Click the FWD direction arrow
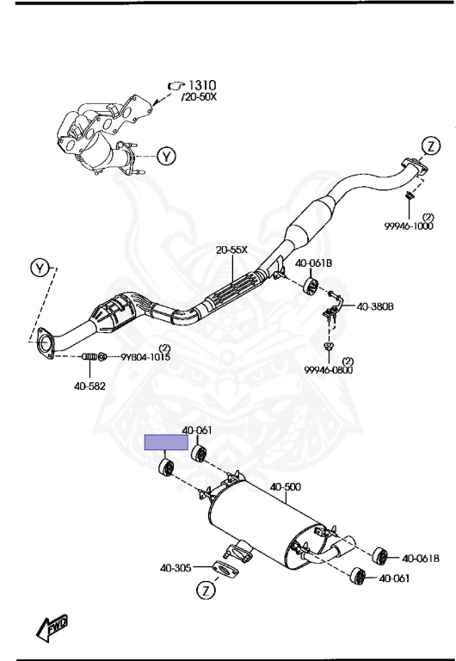click(x=52, y=627)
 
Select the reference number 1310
click(x=201, y=85)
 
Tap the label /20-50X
click(x=199, y=97)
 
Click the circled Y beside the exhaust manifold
click(x=167, y=157)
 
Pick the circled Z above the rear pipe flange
click(x=430, y=146)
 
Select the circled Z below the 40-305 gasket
click(x=206, y=590)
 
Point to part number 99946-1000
click(x=409, y=226)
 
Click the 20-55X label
click(x=231, y=250)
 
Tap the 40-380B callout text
click(x=375, y=306)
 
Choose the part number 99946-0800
click(x=329, y=370)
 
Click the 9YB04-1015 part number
click(x=145, y=357)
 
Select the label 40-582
click(x=89, y=386)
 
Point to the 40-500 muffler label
click(x=286, y=487)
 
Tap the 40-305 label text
click(x=176, y=568)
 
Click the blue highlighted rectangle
click(x=166, y=442)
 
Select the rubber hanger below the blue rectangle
click(x=166, y=468)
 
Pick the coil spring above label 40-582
click(x=89, y=356)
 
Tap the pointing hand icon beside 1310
click(x=176, y=86)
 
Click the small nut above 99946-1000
click(x=409, y=195)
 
